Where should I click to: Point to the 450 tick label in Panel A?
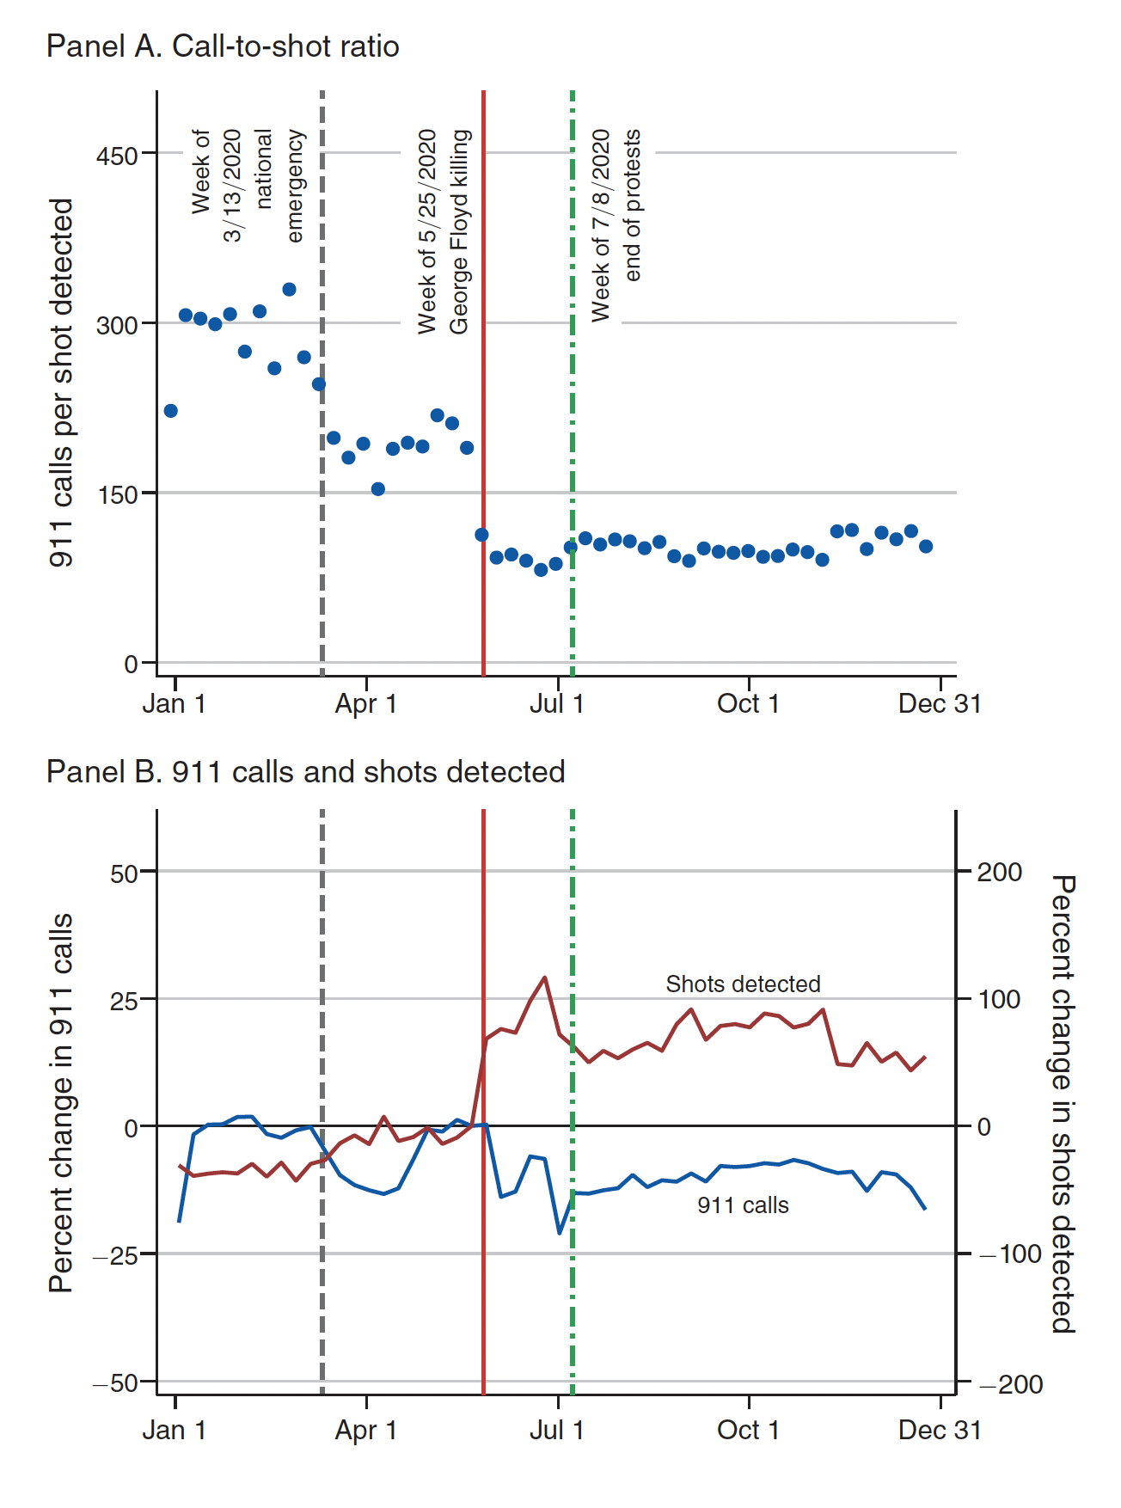118,156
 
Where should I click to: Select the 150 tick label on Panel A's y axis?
118,495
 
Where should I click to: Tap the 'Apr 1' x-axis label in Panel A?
366,704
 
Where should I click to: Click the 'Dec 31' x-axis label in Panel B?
939,1430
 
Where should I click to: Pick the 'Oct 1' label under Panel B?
748,1430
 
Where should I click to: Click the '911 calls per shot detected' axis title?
62,383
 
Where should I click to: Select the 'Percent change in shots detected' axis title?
1063,1104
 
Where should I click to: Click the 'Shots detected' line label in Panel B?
743,984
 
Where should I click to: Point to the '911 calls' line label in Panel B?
743,1205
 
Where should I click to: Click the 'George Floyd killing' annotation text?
460,232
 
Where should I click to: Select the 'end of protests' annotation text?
633,205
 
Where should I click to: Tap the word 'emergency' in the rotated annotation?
295,186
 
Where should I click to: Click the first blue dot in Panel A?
171,411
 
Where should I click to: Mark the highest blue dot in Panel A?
290,290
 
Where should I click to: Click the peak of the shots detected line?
544,978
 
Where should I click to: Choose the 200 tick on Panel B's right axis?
1000,873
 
